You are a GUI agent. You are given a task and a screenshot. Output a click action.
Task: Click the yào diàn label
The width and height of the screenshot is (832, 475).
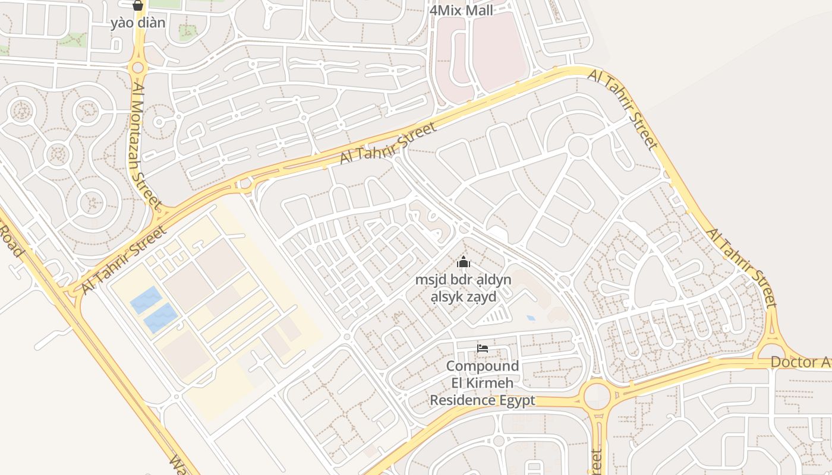(138, 23)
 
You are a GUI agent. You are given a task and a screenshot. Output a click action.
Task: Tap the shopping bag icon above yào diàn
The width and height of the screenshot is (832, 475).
(138, 6)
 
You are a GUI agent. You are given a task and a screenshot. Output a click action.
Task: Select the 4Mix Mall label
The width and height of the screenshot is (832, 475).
(461, 10)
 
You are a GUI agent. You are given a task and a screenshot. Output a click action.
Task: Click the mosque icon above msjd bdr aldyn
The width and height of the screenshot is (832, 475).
(464, 262)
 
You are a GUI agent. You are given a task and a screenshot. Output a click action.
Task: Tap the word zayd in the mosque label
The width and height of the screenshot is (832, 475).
(481, 297)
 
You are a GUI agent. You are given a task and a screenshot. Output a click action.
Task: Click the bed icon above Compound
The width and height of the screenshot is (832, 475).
(483, 349)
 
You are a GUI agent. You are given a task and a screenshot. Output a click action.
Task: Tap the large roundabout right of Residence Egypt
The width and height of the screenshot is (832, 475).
(597, 396)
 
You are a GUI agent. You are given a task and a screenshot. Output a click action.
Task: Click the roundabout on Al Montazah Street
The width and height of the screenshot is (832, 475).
(138, 68)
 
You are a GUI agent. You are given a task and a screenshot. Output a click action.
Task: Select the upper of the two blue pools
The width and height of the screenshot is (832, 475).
(146, 300)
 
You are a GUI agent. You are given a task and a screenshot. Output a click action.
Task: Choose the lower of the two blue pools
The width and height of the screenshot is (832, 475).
(161, 318)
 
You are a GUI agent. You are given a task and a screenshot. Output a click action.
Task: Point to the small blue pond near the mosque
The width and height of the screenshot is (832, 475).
(531, 318)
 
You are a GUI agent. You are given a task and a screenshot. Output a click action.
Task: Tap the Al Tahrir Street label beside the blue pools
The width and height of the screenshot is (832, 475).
(124, 259)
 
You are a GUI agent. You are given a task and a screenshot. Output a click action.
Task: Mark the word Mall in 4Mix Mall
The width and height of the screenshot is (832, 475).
(480, 10)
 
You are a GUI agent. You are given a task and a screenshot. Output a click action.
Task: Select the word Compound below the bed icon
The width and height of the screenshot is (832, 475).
(483, 366)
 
